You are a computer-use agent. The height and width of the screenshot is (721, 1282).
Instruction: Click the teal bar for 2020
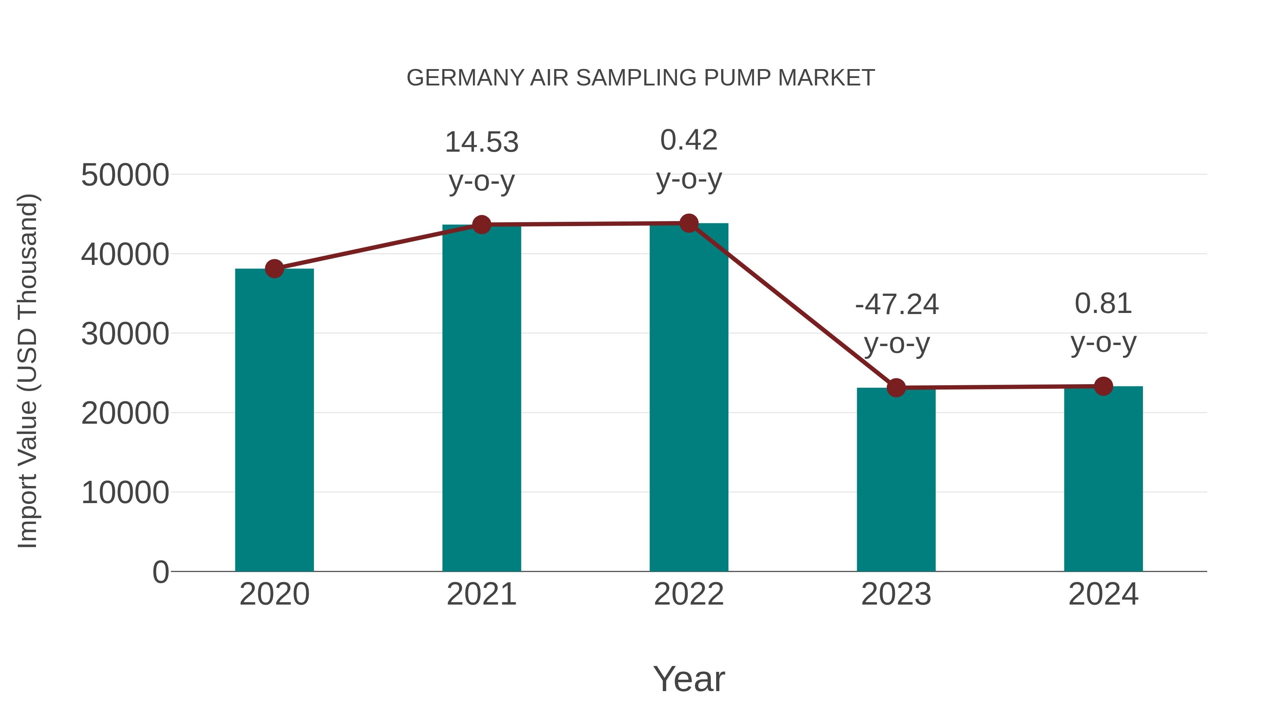tap(274, 420)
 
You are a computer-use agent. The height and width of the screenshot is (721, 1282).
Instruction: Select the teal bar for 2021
tap(481, 398)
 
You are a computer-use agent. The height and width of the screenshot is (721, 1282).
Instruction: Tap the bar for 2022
tap(689, 398)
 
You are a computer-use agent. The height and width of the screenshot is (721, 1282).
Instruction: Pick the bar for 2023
tap(896, 480)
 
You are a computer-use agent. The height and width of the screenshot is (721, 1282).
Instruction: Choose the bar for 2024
tap(1103, 479)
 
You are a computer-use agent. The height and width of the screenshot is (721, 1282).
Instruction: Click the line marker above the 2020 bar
tap(274, 269)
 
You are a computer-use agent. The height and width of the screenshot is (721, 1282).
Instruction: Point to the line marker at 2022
tap(689, 223)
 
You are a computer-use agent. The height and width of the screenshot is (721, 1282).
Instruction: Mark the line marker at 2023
tap(896, 388)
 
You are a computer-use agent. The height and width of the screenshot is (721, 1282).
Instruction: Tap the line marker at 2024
tap(1103, 386)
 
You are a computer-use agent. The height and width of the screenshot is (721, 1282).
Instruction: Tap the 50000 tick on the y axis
tap(125, 175)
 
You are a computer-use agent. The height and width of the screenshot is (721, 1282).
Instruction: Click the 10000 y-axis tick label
tap(125, 493)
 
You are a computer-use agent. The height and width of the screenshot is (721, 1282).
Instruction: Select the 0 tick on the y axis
tap(161, 572)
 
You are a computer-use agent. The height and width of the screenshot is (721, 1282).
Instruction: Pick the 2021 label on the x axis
tap(481, 594)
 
